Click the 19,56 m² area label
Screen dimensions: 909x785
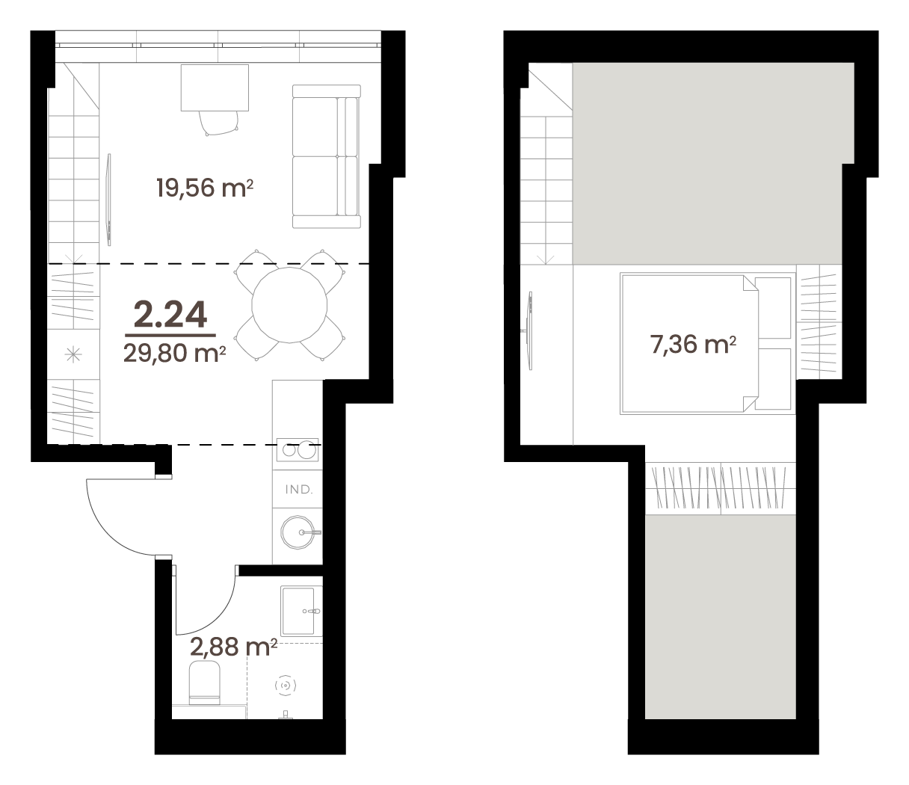(x=205, y=188)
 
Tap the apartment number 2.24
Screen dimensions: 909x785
(x=170, y=315)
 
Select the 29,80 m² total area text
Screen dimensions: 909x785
(x=175, y=353)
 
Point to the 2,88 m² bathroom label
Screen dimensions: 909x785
(x=233, y=647)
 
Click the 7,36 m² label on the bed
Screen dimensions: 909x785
(x=693, y=345)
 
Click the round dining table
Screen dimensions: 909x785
(x=289, y=305)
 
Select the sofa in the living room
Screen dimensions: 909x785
(x=327, y=156)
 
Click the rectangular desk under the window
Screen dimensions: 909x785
(x=215, y=87)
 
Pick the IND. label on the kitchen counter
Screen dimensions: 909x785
(x=298, y=490)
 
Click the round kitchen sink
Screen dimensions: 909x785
(x=298, y=532)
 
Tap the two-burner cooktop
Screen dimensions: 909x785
(x=298, y=450)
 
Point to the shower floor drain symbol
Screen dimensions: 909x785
(x=286, y=685)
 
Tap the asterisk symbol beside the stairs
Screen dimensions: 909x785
(x=73, y=354)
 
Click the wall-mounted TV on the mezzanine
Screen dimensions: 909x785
(x=530, y=330)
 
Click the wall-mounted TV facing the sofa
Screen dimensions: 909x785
(x=109, y=200)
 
